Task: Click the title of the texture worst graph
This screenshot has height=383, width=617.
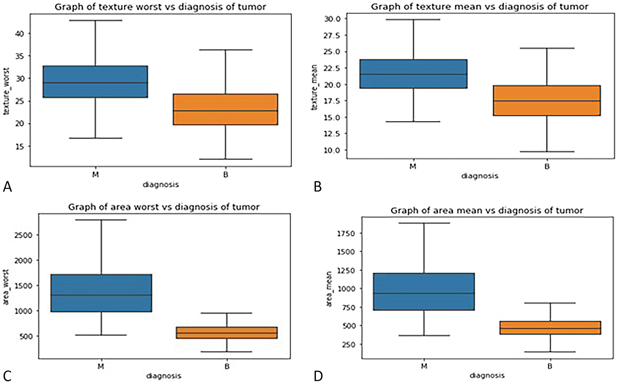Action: [x=160, y=7]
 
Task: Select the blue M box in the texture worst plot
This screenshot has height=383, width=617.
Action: [x=95, y=81]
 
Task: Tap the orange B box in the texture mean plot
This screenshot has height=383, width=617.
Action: [x=547, y=101]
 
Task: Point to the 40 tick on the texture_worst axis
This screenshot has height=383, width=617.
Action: [x=19, y=34]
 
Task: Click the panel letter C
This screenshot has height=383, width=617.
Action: [x=7, y=375]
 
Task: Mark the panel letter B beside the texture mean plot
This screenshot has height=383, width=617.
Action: [x=318, y=187]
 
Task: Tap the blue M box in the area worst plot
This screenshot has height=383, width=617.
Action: [x=101, y=293]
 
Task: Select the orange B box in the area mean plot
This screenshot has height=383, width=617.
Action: [x=550, y=328]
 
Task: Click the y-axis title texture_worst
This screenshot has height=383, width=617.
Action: [x=6, y=92]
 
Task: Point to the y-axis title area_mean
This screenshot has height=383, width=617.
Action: [x=329, y=289]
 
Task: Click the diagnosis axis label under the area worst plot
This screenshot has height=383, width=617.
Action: [x=164, y=376]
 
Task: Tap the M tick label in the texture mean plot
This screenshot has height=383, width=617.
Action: [x=413, y=166]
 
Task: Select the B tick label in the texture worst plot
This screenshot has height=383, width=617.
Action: [x=225, y=175]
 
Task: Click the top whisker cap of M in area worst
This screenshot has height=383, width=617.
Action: [x=101, y=220]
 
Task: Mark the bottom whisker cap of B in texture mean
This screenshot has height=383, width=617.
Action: [x=547, y=152]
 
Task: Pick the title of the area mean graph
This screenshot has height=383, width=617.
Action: [x=487, y=210]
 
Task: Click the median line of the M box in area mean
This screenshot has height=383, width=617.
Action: [x=424, y=293]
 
